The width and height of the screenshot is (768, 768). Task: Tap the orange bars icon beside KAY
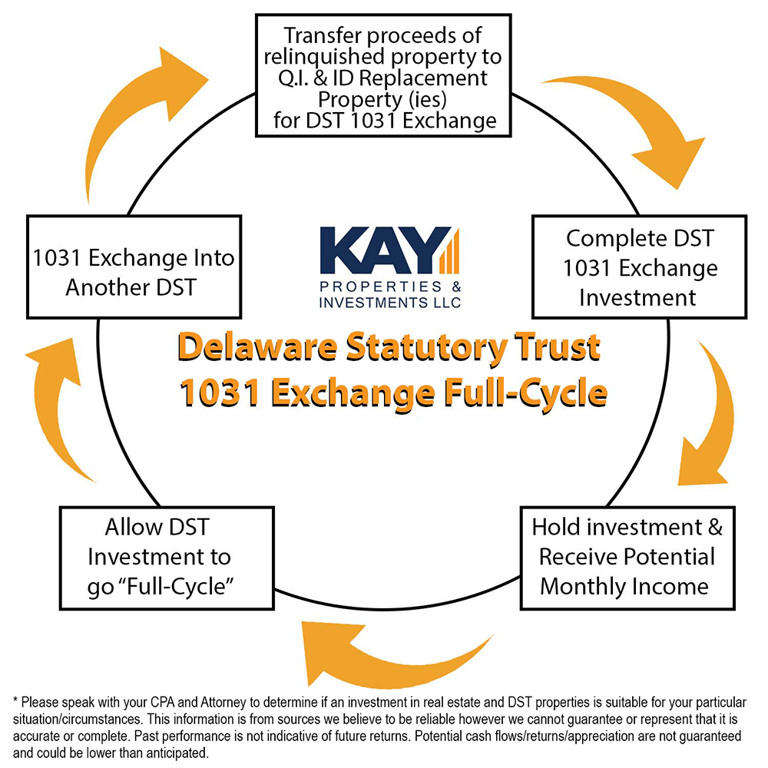pyautogui.click(x=449, y=251)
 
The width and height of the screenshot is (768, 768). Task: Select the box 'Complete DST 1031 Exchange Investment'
pyautogui.click(x=639, y=267)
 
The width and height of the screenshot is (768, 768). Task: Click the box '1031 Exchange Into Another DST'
pyautogui.click(x=134, y=267)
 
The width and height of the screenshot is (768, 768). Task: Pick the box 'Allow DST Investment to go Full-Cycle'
pyautogui.click(x=167, y=558)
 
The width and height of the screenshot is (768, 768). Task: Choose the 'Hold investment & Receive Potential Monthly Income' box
pyautogui.click(x=627, y=558)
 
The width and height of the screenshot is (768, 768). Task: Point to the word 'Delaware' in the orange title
pyautogui.click(x=257, y=347)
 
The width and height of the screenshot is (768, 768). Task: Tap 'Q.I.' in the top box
pyautogui.click(x=293, y=78)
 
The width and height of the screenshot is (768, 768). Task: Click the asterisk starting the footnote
pyautogui.click(x=15, y=700)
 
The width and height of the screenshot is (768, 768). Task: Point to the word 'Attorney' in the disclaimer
pyautogui.click(x=223, y=703)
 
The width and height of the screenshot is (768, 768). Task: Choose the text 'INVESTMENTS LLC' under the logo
pyautogui.click(x=390, y=303)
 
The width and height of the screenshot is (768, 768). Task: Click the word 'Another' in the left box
pyautogui.click(x=104, y=287)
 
